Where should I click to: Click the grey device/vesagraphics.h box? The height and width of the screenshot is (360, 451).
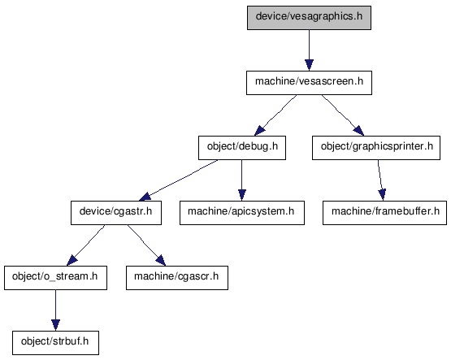pos(309,18)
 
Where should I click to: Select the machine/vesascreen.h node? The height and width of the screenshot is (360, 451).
pos(309,83)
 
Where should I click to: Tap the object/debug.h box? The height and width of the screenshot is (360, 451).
pos(242,148)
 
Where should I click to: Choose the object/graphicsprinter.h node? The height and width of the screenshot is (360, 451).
pos(376,148)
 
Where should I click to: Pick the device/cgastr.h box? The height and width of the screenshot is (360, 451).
pos(116,213)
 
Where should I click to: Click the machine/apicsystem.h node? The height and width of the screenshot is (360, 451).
pos(242,213)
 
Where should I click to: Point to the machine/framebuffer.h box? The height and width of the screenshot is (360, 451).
pos(384,213)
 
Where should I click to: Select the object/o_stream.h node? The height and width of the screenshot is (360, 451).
pos(55,278)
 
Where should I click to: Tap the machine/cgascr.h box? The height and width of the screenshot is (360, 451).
pos(177,278)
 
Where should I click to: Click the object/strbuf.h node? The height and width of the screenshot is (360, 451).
pos(55,343)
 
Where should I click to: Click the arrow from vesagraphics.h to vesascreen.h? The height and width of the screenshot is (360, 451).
pos(309,50)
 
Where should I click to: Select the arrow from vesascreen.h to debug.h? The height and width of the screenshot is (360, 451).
pos(276,115)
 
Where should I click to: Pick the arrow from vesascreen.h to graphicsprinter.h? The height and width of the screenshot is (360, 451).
pos(342,115)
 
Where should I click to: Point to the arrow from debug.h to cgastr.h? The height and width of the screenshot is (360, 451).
pos(178,180)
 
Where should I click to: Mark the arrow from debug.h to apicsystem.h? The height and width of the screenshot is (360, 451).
pos(242,180)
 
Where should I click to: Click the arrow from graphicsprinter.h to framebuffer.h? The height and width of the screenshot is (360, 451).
pos(380,180)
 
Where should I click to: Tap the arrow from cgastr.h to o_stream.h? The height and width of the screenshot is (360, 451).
pos(85,245)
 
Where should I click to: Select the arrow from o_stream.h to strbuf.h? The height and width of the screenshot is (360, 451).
pos(55,310)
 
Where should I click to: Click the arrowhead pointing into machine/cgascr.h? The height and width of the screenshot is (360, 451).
pos(161,260)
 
